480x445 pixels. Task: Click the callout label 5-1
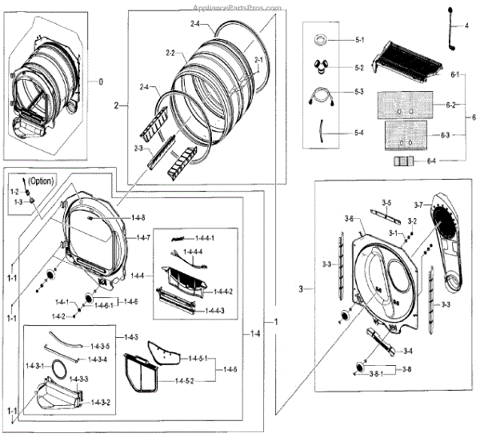pos(358,39)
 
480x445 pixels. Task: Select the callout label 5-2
pos(358,68)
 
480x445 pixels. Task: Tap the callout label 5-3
pos(358,93)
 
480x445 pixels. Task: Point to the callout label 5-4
pos(358,132)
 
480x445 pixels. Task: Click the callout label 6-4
pos(432,161)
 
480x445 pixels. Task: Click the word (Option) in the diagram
pos(39,181)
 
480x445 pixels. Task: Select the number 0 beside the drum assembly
pos(101,81)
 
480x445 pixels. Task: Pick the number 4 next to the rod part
pos(466,26)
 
